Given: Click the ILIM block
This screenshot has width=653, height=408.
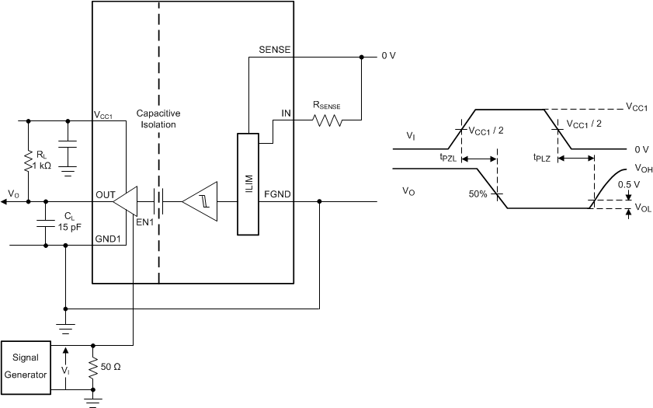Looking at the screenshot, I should pos(246,183).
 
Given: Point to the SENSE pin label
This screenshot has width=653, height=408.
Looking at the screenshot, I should pos(273,50).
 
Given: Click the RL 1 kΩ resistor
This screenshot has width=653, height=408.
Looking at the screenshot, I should pos(29,161).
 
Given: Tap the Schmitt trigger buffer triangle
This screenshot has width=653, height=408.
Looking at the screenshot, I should pos(200,202).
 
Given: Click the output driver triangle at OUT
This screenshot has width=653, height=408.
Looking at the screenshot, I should pos(125,202).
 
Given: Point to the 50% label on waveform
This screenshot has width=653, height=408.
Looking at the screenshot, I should pos(478,193).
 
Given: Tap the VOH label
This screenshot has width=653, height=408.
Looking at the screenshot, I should pos(642,167).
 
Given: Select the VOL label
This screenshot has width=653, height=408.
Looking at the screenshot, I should pos(642,208).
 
